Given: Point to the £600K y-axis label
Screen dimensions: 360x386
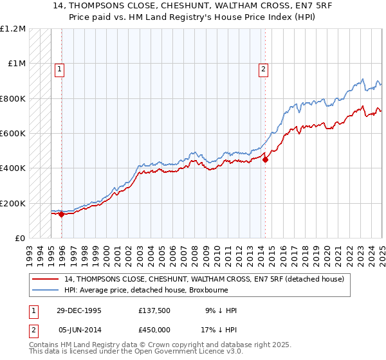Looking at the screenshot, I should pyautogui.click(x=12, y=134).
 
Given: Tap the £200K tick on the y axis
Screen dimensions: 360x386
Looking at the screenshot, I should pyautogui.click(x=12, y=203).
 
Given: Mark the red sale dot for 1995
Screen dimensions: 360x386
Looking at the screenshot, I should pyautogui.click(x=62, y=215).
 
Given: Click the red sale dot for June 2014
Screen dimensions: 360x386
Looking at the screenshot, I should pyautogui.click(x=265, y=160).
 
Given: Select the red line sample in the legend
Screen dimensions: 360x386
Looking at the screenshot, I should pyautogui.click(x=46, y=279).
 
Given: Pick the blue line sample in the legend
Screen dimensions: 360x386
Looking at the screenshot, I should pyautogui.click(x=46, y=290).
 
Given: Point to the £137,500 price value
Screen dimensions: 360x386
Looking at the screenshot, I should pyautogui.click(x=154, y=310).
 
